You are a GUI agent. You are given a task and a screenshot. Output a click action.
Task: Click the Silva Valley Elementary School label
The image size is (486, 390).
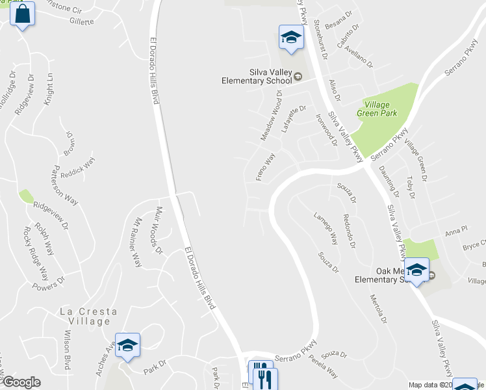tap(259, 76)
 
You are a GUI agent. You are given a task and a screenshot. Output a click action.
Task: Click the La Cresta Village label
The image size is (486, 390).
tap(88, 317)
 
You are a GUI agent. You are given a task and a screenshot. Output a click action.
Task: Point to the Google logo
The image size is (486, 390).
tap(21, 382)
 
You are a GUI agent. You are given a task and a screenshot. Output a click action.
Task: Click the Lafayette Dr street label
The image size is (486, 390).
tap(294, 120)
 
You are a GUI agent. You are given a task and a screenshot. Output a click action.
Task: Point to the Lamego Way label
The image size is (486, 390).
tap(326, 228)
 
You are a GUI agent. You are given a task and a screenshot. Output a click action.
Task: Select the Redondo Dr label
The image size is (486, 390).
tap(349, 231)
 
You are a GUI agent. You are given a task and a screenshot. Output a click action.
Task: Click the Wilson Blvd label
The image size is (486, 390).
tap(67, 350)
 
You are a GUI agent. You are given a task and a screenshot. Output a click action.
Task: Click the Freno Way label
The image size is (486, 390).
tap(265, 167)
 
